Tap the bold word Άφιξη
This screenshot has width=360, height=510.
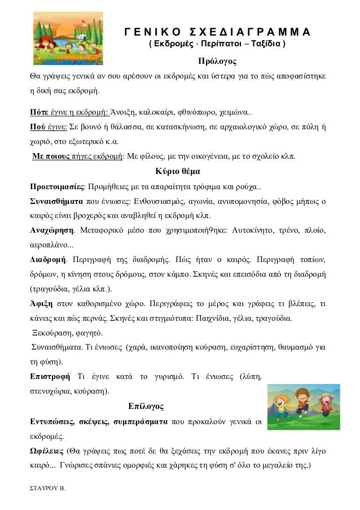[41, 303]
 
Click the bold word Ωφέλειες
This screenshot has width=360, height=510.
[46, 451]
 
